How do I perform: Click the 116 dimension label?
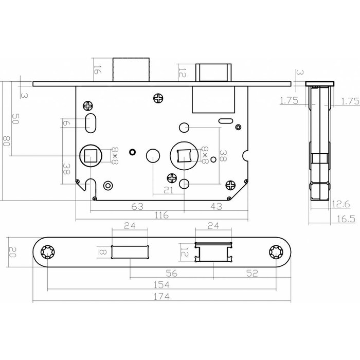[x=162, y=216]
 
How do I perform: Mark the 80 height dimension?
[x=7, y=141]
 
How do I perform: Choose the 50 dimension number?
[x=15, y=119]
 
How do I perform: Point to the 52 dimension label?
[x=253, y=273]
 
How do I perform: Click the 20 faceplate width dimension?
[x=14, y=253]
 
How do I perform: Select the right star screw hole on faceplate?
[x=277, y=253]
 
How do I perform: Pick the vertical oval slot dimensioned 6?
[x=89, y=123]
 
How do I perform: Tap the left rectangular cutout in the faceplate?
[x=130, y=252]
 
